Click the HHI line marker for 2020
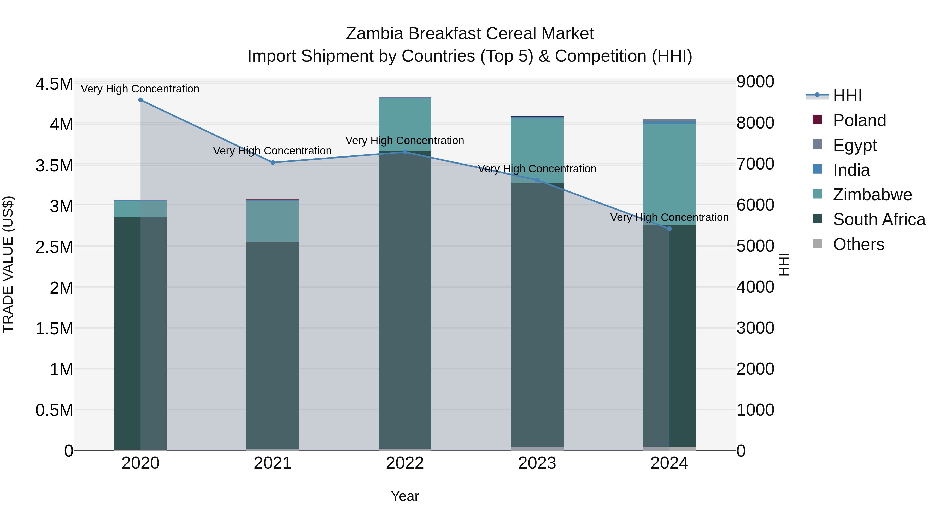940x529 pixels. coord(140,100)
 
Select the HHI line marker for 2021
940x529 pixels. coord(273,162)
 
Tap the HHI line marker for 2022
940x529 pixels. coord(405,152)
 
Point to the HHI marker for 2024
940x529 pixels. coord(669,229)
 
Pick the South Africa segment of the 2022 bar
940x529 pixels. coord(405,299)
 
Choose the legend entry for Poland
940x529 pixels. coord(859,120)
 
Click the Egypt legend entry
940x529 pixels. coord(855,145)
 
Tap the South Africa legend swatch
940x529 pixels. coord(817,219)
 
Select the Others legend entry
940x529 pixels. coord(858,244)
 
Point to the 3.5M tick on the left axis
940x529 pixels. coord(54,166)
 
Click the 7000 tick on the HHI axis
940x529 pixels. coord(755,164)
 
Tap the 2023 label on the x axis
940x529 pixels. coord(537,463)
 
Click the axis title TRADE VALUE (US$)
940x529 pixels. coord(8,264)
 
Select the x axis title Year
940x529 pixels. coord(405,496)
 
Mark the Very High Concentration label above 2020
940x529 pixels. coord(140,89)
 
